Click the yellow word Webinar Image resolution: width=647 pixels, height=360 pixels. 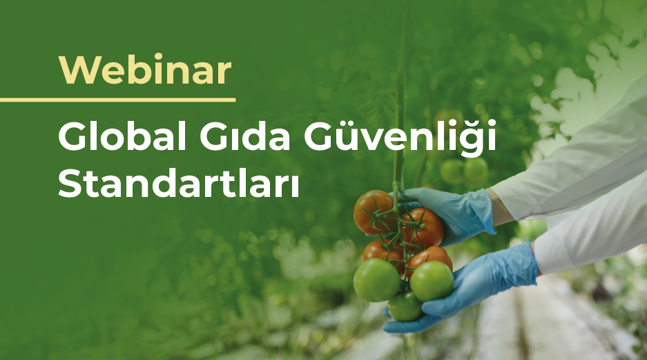click(145, 70)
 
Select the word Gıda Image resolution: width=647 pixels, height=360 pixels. click(245, 137)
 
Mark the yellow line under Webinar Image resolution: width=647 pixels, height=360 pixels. click(117, 100)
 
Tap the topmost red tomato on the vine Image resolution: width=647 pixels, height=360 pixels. click(374, 211)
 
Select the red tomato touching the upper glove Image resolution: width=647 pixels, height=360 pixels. click(423, 228)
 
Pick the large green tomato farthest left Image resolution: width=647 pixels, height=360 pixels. click(376, 279)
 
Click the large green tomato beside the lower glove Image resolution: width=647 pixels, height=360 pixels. click(432, 281)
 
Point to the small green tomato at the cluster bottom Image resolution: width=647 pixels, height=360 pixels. click(405, 306)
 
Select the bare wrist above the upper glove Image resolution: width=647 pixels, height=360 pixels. click(500, 209)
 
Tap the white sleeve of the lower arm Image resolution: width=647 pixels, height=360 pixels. click(595, 231)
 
